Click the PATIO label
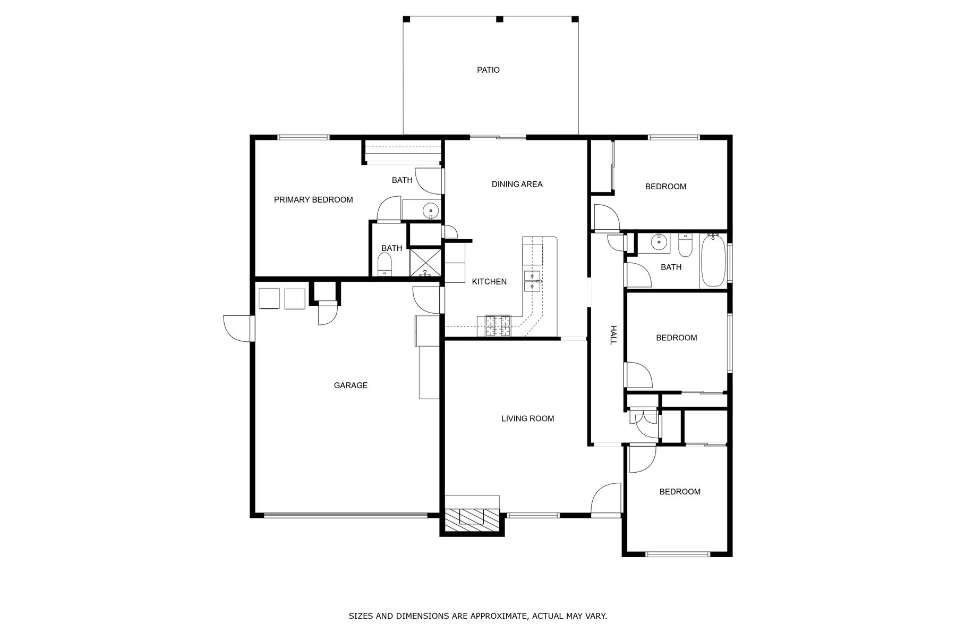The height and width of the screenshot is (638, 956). coord(488,70)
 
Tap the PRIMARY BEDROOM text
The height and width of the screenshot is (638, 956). coord(313,200)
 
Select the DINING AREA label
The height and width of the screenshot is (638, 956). coord(517,184)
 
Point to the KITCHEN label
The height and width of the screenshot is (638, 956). coord(489,282)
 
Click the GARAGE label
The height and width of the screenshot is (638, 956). coord(351,385)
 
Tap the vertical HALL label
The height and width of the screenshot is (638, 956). coord(612,335)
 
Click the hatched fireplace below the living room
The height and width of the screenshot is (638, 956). coord(472,517)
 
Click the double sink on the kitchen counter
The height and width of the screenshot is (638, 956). coord(532,282)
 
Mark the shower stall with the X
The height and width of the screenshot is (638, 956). coord(425,263)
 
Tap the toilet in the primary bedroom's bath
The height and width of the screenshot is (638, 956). coord(384,264)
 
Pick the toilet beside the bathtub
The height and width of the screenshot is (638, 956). coord(685,245)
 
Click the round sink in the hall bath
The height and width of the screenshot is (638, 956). coord(659,243)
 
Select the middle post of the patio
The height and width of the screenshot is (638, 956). coord(499,19)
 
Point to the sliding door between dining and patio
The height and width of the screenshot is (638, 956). coord(498,138)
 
